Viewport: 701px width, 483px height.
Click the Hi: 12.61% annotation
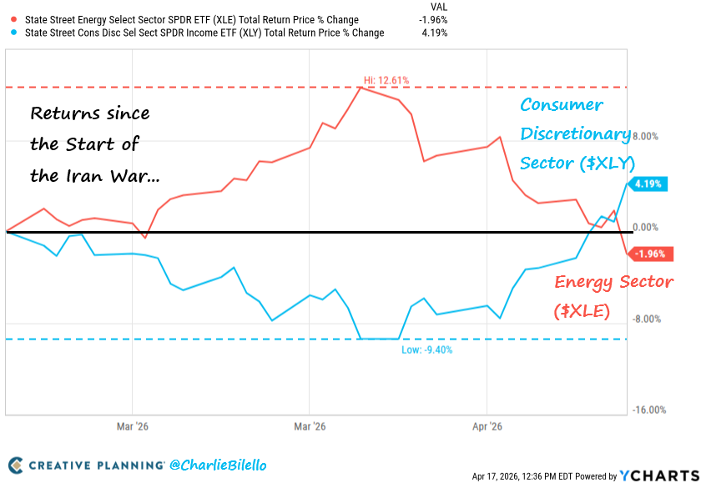click(x=386, y=80)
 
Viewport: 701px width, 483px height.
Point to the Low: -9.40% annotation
click(x=426, y=350)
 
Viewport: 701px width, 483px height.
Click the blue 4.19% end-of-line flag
click(x=648, y=184)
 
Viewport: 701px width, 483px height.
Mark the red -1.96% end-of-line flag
click(x=648, y=254)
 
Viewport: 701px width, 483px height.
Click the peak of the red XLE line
click(x=361, y=87)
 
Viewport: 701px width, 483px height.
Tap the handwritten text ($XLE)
click(x=582, y=310)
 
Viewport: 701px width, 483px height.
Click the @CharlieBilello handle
click(x=219, y=465)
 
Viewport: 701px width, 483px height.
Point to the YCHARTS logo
click(x=654, y=475)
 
